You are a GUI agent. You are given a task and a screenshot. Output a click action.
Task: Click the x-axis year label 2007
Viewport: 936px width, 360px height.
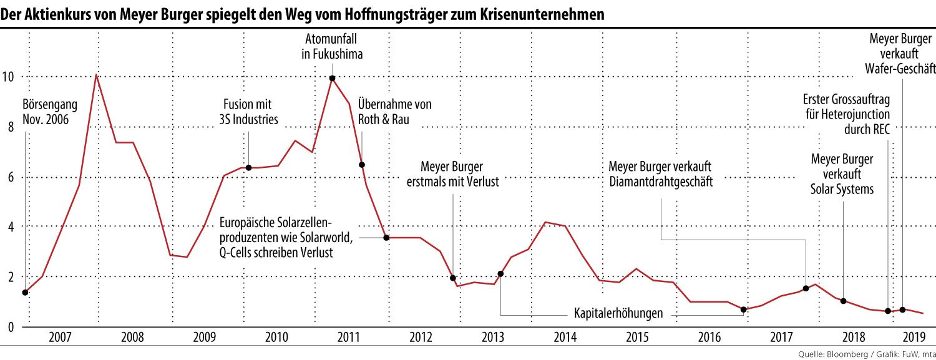pyautogui.click(x=59, y=338)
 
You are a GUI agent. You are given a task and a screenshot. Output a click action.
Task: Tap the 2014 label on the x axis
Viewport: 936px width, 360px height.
pyautogui.click(x=565, y=338)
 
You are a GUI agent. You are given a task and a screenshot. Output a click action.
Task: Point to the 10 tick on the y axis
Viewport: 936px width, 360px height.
pyautogui.click(x=8, y=77)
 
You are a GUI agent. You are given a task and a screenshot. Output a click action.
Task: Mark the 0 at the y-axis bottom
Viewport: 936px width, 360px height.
pyautogui.click(x=11, y=326)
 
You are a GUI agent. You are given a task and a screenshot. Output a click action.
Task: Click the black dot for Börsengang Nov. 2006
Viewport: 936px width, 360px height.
pyautogui.click(x=25, y=292)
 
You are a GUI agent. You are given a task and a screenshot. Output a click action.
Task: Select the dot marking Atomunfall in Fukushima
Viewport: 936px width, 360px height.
pyautogui.click(x=333, y=78)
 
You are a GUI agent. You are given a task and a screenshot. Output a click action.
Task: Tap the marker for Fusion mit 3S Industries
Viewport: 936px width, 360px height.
pyautogui.click(x=248, y=167)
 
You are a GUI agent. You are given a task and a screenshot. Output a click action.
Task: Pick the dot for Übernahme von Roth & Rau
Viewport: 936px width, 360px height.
pyautogui.click(x=362, y=165)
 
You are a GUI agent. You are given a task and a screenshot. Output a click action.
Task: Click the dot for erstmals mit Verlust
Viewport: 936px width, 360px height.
pyautogui.click(x=453, y=278)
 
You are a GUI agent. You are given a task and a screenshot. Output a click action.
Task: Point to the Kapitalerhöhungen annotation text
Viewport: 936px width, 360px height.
pyautogui.click(x=618, y=314)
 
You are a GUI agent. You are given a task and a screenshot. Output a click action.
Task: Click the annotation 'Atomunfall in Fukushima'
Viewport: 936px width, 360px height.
pyautogui.click(x=332, y=46)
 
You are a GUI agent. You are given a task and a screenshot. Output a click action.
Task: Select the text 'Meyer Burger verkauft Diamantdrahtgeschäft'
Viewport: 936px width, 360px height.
pyautogui.click(x=660, y=174)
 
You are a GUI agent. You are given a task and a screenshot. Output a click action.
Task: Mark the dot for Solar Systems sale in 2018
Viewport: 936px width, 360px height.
pyautogui.click(x=843, y=301)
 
